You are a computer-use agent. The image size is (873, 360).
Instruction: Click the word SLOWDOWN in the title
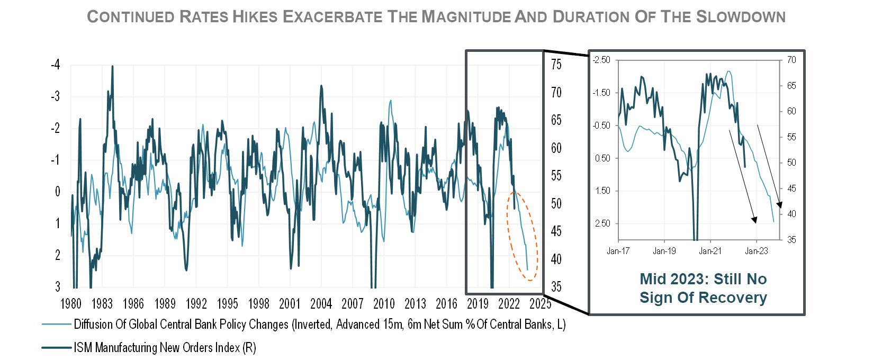pos(741,17)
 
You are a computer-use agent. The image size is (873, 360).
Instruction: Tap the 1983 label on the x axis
pos(102,303)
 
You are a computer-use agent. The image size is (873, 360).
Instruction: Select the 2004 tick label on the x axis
pos(321,303)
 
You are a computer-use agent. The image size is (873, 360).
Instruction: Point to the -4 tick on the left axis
pos(56,64)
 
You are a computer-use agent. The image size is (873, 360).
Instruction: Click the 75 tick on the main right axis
pos(556,64)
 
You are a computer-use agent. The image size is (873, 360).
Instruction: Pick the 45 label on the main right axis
pos(556,231)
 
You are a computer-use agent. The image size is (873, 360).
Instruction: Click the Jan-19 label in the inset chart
pos(664,251)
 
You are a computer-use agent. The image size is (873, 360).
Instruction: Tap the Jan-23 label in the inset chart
pos(756,251)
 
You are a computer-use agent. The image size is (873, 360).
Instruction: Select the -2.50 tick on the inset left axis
pos(601,60)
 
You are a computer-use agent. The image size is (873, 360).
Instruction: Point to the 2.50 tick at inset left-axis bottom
pos(602,223)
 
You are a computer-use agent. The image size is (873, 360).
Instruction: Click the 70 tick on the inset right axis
pos(791,60)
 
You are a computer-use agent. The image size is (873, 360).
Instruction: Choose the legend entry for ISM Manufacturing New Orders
pos(149,347)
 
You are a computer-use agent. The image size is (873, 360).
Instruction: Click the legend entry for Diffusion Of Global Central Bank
pos(303,324)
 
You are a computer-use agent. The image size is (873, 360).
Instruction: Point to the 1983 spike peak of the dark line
pos(113,66)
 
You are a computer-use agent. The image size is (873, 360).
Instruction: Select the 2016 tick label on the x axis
pos(447,303)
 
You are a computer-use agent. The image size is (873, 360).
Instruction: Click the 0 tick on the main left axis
pos(58,192)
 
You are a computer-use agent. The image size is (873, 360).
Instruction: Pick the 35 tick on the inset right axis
pos(791,240)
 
